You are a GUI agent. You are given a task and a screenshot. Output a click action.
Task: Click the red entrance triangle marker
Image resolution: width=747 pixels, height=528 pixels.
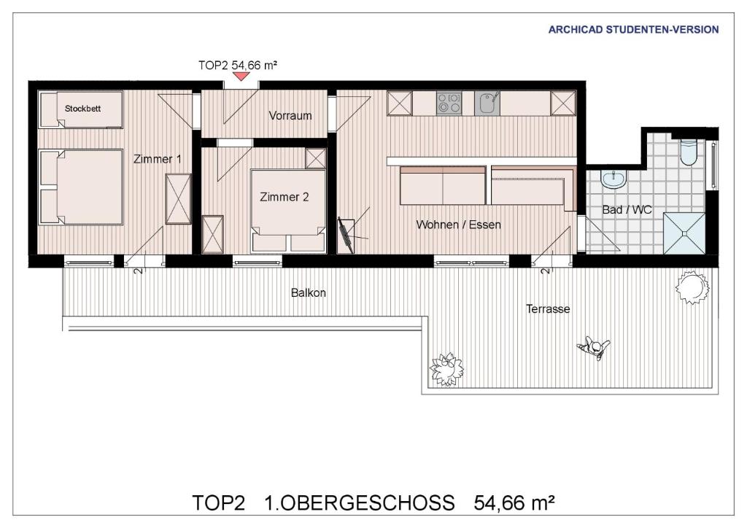[241, 76]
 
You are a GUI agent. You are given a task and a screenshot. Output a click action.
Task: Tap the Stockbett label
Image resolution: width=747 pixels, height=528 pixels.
[83, 109]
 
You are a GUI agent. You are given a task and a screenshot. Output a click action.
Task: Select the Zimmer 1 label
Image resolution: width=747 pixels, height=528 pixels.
[158, 159]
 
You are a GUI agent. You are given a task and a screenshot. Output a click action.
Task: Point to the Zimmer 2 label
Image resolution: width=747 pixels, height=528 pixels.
[285, 197]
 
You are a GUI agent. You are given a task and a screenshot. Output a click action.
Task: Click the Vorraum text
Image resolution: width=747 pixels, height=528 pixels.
[290, 116]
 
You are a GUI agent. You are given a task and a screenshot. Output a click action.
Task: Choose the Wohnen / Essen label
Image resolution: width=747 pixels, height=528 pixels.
[458, 225]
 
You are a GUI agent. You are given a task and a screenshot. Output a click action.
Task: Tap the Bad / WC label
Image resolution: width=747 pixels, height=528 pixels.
[627, 209]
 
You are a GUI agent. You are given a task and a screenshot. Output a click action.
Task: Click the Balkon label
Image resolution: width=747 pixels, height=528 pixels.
[309, 292]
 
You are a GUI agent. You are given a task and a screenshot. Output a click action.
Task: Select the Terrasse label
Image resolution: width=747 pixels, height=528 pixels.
[548, 309]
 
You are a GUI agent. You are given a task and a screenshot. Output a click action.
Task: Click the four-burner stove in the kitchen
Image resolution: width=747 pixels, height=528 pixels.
[449, 104]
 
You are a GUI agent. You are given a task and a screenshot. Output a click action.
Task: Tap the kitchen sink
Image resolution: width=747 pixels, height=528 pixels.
[487, 104]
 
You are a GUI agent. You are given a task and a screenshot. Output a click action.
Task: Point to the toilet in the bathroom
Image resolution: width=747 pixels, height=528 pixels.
[689, 152]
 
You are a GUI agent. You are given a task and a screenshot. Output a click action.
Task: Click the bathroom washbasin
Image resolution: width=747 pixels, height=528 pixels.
[613, 179]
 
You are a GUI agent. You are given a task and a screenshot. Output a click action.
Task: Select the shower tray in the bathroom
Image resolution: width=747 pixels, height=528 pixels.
[684, 233]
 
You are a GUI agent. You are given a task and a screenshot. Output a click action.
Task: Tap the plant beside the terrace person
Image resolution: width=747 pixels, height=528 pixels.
[446, 370]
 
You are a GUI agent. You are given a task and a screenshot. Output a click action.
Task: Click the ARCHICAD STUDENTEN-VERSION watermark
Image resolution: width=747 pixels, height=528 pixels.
[633, 29]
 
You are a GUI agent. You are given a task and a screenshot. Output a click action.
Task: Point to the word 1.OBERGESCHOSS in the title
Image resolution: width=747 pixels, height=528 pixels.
[359, 502]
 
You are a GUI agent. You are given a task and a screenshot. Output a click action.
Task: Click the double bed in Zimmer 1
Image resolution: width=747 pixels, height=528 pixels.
[81, 187]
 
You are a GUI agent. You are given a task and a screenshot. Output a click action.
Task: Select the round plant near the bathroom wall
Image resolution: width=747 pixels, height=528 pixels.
[692, 287]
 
